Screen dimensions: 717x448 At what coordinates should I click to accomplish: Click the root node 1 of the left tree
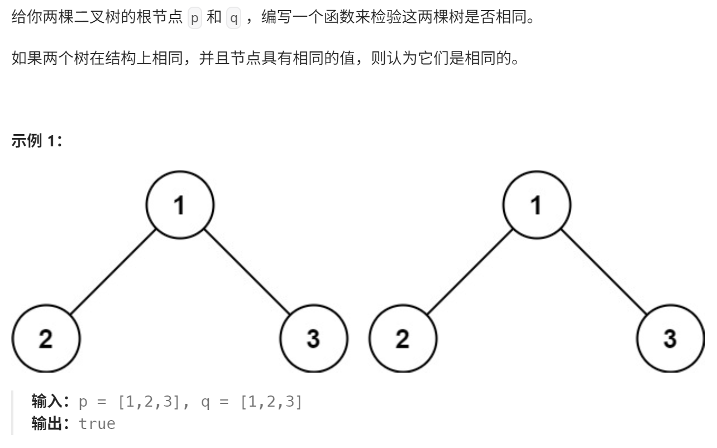[x=180, y=206]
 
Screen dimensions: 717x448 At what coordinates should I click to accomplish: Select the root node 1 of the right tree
[x=537, y=206]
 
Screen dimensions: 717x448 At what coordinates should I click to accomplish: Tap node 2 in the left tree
[x=46, y=339]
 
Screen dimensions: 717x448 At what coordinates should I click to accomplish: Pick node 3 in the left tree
[x=313, y=339]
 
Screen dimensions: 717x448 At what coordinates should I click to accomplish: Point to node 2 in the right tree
[x=403, y=339]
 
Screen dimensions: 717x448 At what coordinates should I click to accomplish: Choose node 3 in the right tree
[x=670, y=339]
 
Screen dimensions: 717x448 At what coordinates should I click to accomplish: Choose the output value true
[x=97, y=423]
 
